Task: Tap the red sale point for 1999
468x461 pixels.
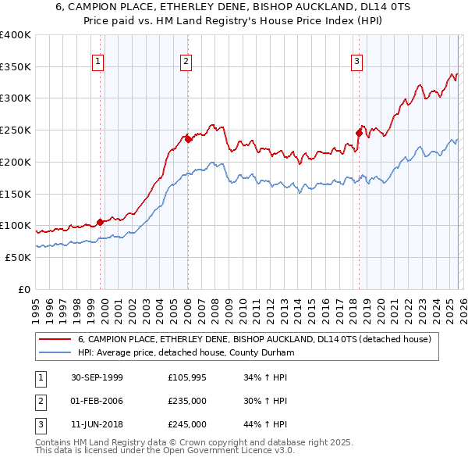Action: click(100, 222)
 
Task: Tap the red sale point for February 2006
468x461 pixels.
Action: click(188, 139)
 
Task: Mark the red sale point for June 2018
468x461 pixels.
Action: click(359, 133)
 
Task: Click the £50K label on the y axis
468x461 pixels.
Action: click(18, 257)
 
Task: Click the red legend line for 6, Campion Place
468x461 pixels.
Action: click(56, 339)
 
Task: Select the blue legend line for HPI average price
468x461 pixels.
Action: click(56, 352)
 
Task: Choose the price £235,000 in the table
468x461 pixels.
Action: click(186, 401)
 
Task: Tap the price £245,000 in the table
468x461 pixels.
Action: click(186, 424)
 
